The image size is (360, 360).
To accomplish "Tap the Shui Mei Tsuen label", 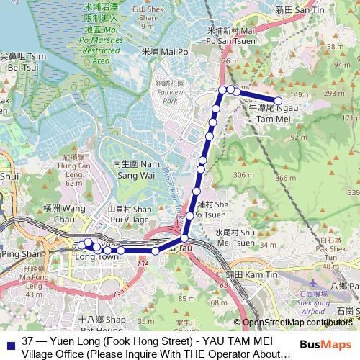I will click(x=236, y=237).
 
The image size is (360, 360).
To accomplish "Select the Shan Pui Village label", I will click(x=129, y=214).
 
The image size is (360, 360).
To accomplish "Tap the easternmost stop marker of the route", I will click(x=278, y=101).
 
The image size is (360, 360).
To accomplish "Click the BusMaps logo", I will click(x=325, y=344).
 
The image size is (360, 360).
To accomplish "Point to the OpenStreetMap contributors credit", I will click(x=296, y=323).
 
